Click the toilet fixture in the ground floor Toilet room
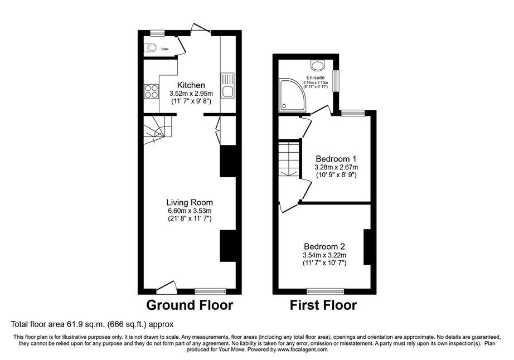pyautogui.click(x=151, y=47)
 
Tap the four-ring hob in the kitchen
pyautogui.click(x=151, y=91)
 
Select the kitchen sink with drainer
pyautogui.click(x=227, y=85)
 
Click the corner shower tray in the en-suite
pyautogui.click(x=292, y=95)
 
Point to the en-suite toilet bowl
pyautogui.click(x=317, y=65)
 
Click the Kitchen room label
pyautogui.click(x=191, y=85)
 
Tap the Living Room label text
pyautogui.click(x=190, y=202)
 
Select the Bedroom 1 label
pyautogui.click(x=336, y=159)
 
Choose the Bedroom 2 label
pyautogui.click(x=324, y=246)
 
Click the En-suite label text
pyautogui.click(x=316, y=77)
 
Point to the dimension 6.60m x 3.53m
pyautogui.click(x=190, y=211)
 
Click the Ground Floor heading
pyautogui.click(x=190, y=305)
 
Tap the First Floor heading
pyautogui.click(x=323, y=305)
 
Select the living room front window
pyautogui.click(x=210, y=291)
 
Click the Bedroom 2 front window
pyautogui.click(x=326, y=291)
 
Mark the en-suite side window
pyautogui.click(x=336, y=81)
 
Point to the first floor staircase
pyautogui.click(x=289, y=160)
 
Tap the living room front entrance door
pyautogui.click(x=167, y=286)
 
